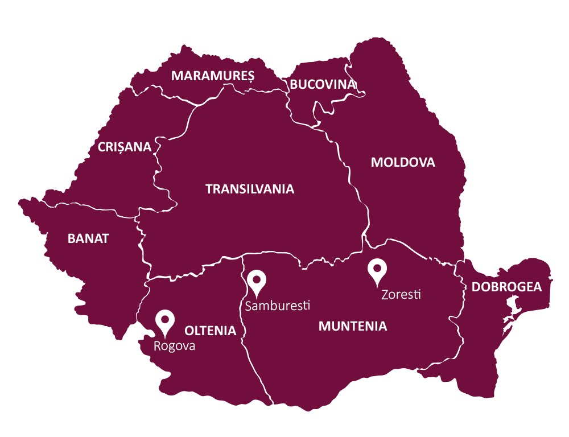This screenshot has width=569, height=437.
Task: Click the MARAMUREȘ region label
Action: click(213, 76)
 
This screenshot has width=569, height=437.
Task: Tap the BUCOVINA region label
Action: click(323, 84)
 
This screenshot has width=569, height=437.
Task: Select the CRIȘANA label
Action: click(125, 147)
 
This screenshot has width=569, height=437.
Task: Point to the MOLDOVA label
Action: click(403, 162)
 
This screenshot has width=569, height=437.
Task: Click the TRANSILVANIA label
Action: click(250, 189)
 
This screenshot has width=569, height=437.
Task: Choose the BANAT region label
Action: click(88, 238)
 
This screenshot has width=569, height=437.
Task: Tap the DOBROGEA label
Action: click(506, 287)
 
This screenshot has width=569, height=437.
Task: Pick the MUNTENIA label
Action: click(353, 326)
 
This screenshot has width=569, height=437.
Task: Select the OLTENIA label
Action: click(210, 331)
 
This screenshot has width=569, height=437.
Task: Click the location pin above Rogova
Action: click(165, 321)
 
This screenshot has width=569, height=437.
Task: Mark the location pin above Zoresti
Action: click(377, 269)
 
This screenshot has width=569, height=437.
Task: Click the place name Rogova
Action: click(174, 346)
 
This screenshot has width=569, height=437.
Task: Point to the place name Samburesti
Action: click(277, 306)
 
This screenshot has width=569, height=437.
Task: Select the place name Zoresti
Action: click(401, 295)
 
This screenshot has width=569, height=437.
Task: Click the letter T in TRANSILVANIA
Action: click(209, 189)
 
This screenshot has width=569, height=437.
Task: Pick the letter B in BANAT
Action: click(71, 238)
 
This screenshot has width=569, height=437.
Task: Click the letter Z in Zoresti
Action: click(385, 295)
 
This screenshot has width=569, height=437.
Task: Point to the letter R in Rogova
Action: click(157, 346)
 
